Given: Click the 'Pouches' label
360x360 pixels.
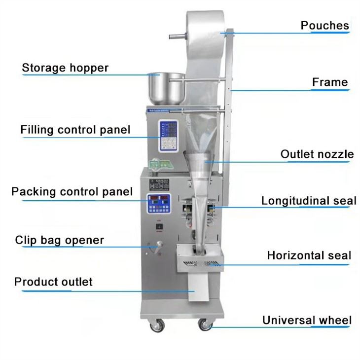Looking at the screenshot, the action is (324, 26).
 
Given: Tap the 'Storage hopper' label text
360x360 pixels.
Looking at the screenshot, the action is (65, 68).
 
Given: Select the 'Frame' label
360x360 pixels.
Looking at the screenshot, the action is (330, 82).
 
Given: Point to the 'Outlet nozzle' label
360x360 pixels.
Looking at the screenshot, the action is (317, 154).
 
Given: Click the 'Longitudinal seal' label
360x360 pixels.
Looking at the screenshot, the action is (309, 201).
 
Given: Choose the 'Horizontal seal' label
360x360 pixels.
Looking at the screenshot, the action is (309, 255).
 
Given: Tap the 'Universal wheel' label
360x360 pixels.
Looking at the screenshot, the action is (307, 320).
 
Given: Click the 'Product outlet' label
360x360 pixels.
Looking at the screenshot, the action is (53, 282).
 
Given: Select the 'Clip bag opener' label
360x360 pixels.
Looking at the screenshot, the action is (60, 240).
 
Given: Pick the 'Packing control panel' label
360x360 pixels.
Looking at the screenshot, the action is (72, 192).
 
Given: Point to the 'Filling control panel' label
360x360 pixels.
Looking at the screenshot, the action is (75, 130).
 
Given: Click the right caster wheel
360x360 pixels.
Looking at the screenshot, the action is (205, 324).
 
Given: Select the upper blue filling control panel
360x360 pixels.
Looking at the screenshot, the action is (168, 136).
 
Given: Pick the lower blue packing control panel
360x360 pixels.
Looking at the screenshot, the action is (159, 204).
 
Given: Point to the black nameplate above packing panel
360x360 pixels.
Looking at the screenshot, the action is (159, 185).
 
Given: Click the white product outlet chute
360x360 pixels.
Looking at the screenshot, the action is (198, 287).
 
